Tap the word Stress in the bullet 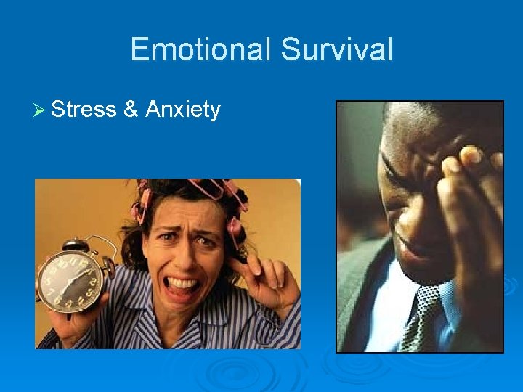84,110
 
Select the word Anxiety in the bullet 183,110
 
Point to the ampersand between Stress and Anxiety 131,110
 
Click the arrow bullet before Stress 40,110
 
